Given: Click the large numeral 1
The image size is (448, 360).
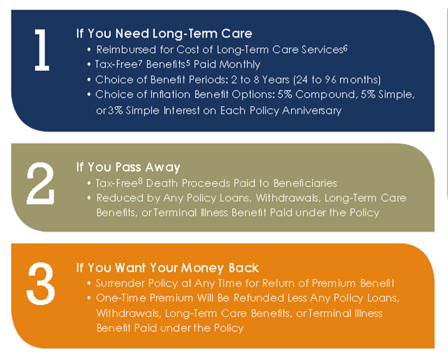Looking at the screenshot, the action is point(42,50).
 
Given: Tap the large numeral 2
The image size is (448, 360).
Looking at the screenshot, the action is point(40,183).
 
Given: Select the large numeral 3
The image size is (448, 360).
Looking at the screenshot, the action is point(40,284).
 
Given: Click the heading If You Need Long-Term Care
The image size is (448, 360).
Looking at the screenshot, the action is point(164,33).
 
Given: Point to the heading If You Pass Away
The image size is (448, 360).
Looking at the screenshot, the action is point(128,167).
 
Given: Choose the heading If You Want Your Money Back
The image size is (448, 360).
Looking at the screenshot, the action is point(167,268).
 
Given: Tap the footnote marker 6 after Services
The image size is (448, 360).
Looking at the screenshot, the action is point(346,48).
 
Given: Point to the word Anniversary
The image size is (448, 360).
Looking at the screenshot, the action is point(311,111).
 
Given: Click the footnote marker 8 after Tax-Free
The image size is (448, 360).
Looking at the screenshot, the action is point(140,181).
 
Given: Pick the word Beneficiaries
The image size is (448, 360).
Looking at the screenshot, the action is point(305,183).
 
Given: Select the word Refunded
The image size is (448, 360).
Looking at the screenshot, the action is point(259,298).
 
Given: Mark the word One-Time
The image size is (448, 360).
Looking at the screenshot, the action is point(121,298).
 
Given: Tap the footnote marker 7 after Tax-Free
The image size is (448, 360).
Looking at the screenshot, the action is point(140,63).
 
